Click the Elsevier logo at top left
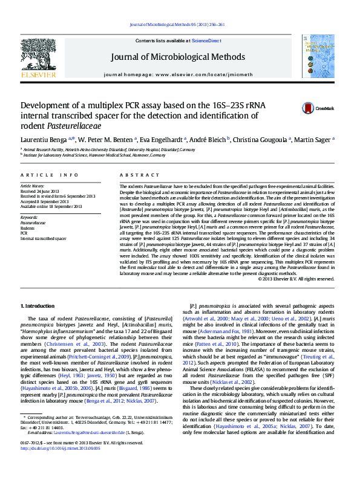click(38, 59)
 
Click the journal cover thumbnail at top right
click(318, 56)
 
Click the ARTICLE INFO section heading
click(50, 175)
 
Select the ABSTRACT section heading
click(136, 175)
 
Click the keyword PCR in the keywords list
click(24, 232)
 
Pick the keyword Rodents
click(28, 227)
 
